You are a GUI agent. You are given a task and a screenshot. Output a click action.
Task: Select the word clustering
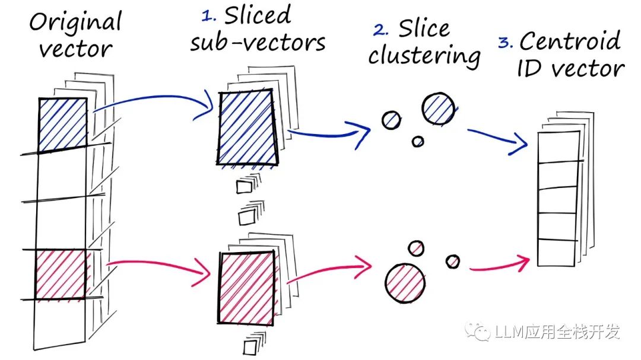click(424, 56)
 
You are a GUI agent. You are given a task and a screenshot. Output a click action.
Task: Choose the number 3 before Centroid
click(505, 43)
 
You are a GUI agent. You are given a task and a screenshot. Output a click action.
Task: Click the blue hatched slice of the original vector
click(63, 124)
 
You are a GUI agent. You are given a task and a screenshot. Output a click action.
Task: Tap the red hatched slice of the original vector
click(61, 274)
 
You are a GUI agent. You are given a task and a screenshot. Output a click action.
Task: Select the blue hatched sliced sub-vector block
click(247, 128)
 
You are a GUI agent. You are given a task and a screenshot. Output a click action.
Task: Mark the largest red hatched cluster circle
click(405, 281)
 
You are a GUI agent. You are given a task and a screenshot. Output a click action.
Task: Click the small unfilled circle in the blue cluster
click(418, 141)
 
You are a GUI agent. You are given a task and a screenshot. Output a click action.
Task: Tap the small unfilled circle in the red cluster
click(415, 247)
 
